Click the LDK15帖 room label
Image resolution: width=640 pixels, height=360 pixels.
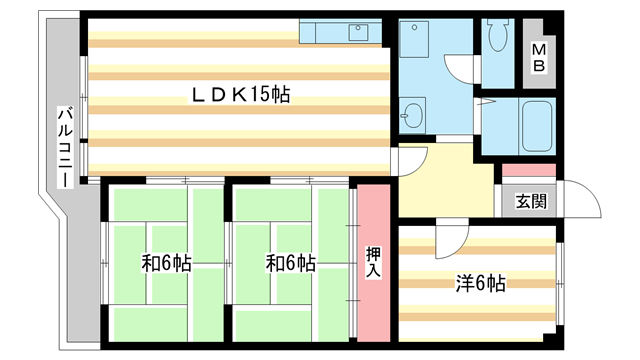tap(241, 95)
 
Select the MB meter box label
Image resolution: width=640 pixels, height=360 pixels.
tap(539, 57)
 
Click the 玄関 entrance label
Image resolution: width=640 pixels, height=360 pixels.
tap(530, 202)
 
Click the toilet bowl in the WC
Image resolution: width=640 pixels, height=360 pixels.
tap(497, 38)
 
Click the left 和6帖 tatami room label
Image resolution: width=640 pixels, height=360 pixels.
tap(166, 264)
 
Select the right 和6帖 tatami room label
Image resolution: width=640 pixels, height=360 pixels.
tap(291, 264)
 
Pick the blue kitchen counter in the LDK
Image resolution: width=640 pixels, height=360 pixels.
tap(340, 31)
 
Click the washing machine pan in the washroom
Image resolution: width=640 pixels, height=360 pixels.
tap(419, 40)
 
